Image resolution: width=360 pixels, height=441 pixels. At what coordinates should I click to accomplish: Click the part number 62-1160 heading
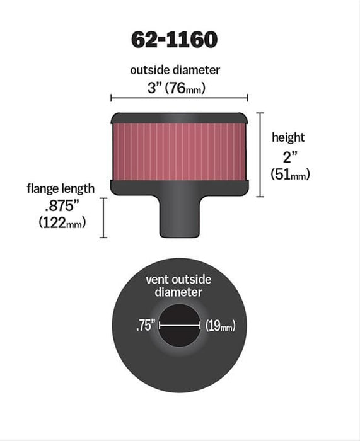174,40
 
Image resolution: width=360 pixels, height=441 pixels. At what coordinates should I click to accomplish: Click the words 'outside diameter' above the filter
178,71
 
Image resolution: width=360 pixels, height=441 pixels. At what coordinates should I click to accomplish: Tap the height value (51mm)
290,175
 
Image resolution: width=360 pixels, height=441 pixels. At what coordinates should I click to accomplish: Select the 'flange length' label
61,188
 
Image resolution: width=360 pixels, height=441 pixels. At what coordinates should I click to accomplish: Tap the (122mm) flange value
62,222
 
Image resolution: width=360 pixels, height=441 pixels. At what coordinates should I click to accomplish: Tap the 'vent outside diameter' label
178,285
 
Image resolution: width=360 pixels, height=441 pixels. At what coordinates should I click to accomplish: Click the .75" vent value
145,326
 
